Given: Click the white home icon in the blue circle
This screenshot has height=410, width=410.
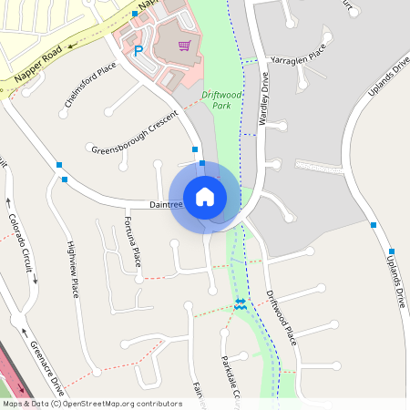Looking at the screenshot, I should tap(205, 196).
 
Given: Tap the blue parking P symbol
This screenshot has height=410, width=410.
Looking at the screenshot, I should tap(138, 52).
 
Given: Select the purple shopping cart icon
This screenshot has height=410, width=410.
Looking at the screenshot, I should tap(184, 46).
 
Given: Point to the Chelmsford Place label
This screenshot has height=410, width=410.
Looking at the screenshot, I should tap(90, 85).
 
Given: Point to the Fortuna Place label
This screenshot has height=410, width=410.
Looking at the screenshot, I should tap(133, 243).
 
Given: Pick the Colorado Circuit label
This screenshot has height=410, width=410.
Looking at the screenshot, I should tap(24, 244).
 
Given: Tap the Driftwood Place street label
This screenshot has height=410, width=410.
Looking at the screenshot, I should tap(282, 318).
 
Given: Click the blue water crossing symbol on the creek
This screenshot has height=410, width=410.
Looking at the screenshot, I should tap(241, 303).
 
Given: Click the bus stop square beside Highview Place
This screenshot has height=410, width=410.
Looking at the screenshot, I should tap(65, 179).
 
